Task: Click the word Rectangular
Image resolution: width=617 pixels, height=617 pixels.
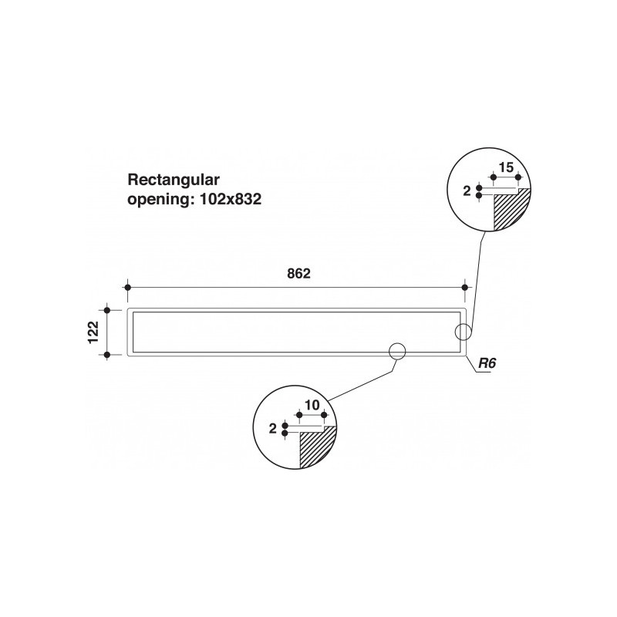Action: pyautogui.click(x=174, y=180)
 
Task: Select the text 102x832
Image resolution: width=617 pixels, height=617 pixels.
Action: pyautogui.click(x=231, y=199)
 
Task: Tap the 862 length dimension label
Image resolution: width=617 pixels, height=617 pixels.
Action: pyautogui.click(x=298, y=274)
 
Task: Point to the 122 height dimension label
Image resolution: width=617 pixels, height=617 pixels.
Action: pyautogui.click(x=93, y=332)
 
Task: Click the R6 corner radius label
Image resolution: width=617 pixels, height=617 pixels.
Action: pyautogui.click(x=487, y=363)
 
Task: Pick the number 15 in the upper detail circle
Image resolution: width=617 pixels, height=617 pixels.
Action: pyautogui.click(x=506, y=167)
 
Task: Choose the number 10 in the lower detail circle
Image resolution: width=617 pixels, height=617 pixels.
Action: pyautogui.click(x=312, y=405)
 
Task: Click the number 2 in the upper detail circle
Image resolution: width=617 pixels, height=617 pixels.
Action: pyautogui.click(x=467, y=191)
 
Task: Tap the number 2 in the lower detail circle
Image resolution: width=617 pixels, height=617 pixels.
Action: pyautogui.click(x=273, y=429)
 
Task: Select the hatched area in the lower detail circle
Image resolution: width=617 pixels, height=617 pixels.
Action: pyautogui.click(x=317, y=447)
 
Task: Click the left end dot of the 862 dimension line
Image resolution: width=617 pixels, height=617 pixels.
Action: pyautogui.click(x=127, y=288)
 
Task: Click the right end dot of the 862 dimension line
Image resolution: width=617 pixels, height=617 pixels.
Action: pyautogui.click(x=465, y=288)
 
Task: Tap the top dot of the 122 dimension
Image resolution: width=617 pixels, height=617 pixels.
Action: pyautogui.click(x=107, y=310)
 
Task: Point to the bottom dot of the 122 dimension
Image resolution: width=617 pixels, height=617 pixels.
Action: pyautogui.click(x=107, y=355)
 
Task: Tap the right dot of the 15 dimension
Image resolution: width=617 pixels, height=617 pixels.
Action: pyautogui.click(x=518, y=177)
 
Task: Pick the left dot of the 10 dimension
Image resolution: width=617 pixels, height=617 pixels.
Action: pyautogui.click(x=299, y=415)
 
